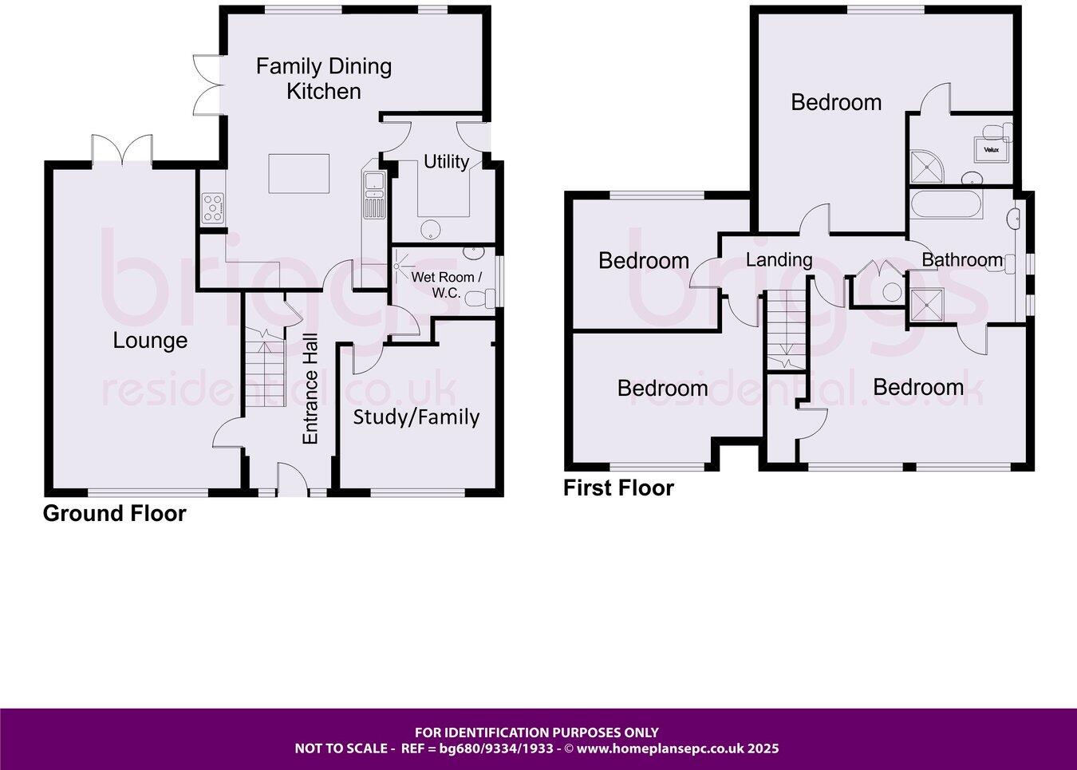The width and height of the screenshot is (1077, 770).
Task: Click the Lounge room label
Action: point(150,341)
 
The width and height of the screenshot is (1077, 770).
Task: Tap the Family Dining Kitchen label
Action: point(324,78)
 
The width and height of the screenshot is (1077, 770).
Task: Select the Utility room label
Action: point(446,162)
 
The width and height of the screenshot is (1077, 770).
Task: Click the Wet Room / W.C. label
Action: point(446,285)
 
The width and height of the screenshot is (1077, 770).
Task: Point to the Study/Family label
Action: point(416,417)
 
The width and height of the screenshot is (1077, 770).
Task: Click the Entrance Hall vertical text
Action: point(310,389)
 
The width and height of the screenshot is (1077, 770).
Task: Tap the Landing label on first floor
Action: point(779,259)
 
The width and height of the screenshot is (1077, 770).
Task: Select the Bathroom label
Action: point(961,259)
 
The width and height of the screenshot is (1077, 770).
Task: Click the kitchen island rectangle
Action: point(298,174)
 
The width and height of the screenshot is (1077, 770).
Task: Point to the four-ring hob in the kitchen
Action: point(213,209)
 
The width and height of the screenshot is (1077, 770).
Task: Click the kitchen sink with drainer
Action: point(373,193)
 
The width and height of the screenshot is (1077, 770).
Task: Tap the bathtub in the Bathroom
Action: point(947,205)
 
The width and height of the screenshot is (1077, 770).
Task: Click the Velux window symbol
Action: point(991,149)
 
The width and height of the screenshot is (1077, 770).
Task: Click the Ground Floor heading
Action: point(114,514)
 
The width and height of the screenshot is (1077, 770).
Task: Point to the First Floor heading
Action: point(618,488)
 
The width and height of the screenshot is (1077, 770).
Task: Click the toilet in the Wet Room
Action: point(477,299)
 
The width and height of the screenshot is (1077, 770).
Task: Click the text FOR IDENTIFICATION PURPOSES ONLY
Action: point(537,732)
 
